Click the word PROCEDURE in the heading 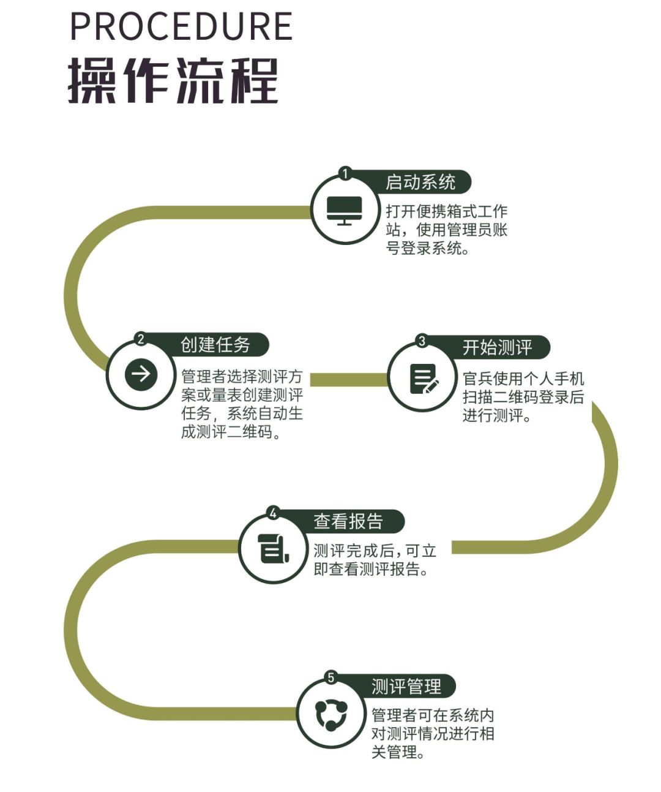(x=181, y=26)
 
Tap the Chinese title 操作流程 (x=173, y=80)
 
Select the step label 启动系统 (x=420, y=182)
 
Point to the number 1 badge (x=345, y=174)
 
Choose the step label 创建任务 (x=215, y=345)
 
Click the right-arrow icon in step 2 (x=141, y=374)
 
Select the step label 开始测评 (x=497, y=347)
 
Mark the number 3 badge (x=422, y=341)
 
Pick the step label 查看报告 (x=348, y=521)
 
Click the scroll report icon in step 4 (x=272, y=548)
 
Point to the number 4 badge (x=273, y=513)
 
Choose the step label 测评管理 (x=406, y=687)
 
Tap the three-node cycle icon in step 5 (x=331, y=715)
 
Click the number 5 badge (x=331, y=677)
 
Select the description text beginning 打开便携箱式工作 (x=446, y=230)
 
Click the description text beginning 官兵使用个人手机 (x=523, y=397)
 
